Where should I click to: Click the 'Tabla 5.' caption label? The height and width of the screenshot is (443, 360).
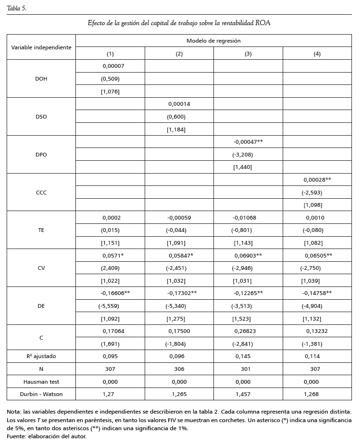click(x=17, y=8)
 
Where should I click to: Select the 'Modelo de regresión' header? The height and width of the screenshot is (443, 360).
click(x=213, y=41)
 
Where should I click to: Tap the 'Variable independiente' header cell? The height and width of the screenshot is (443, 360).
click(x=41, y=47)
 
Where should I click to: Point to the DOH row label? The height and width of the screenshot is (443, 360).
click(x=41, y=79)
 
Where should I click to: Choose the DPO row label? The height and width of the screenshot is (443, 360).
click(x=41, y=155)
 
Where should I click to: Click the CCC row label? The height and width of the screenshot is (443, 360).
click(x=41, y=193)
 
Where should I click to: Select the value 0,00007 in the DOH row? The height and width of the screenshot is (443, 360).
click(x=113, y=66)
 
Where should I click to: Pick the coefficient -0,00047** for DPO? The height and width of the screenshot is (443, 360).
click(x=248, y=142)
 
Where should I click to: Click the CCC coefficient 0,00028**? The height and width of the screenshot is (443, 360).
click(x=317, y=180)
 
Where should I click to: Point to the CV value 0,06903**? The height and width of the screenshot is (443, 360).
click(x=248, y=256)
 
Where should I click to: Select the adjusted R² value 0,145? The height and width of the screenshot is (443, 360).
click(x=248, y=356)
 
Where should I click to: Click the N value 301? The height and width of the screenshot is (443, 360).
click(x=248, y=369)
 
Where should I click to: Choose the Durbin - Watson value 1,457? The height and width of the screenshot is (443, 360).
click(x=248, y=394)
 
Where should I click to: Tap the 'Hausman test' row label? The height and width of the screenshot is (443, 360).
click(x=41, y=381)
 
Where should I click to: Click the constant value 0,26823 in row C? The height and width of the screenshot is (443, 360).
click(x=248, y=331)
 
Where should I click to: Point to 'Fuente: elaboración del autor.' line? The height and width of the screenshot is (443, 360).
click(x=47, y=436)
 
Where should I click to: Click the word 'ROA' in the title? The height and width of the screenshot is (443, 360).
click(x=263, y=23)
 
